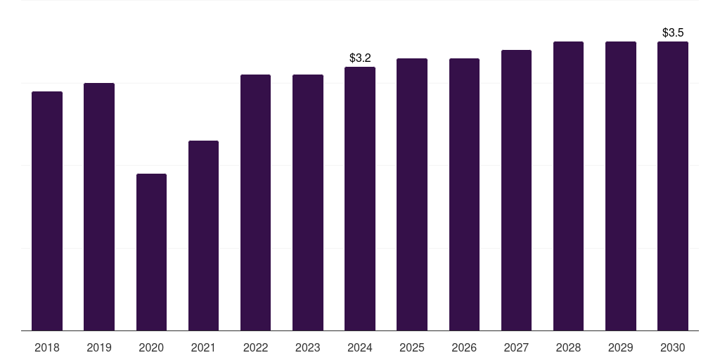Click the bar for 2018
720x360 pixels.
[x=47, y=211]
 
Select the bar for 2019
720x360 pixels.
[x=99, y=207]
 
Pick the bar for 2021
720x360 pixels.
[x=203, y=236]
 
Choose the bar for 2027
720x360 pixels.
[x=516, y=190]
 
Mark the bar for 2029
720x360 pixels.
[x=621, y=186]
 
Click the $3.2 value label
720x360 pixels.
[x=360, y=58]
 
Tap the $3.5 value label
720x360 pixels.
[x=673, y=32]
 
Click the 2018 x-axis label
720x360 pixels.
[x=47, y=347]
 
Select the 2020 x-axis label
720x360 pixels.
[x=151, y=347]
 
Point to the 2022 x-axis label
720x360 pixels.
[x=255, y=347]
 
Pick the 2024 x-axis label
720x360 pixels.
[x=360, y=347]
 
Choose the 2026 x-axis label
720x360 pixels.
[x=464, y=347]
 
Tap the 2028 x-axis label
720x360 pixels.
[x=568, y=347]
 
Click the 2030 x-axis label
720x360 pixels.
[x=673, y=347]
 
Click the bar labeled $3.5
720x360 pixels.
[x=673, y=186]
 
